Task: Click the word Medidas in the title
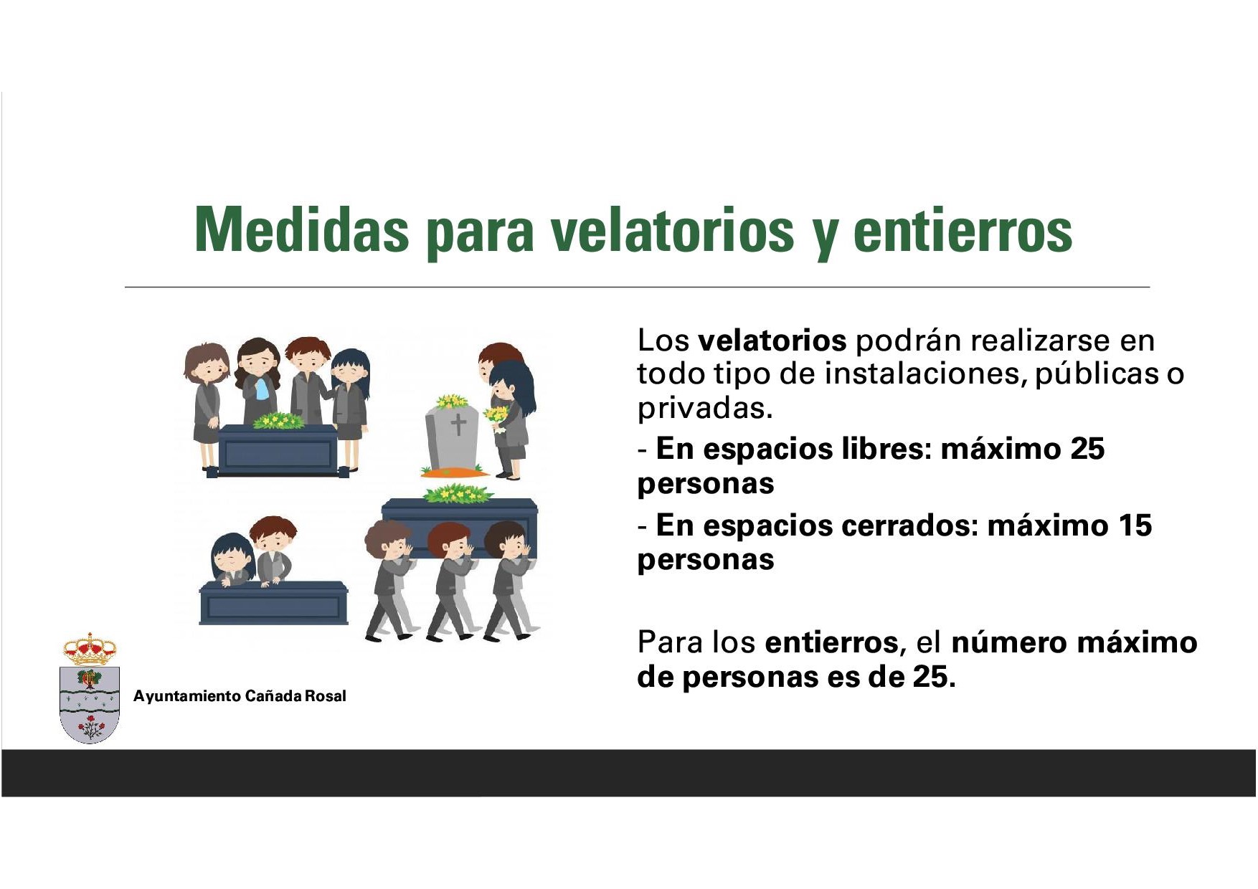[x=302, y=230]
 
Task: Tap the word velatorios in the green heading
[x=672, y=230]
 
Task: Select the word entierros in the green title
[x=963, y=230]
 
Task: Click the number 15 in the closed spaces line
[x=1134, y=526]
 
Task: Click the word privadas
[x=705, y=409]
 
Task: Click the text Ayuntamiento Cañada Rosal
[x=240, y=696]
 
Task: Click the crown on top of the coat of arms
[x=90, y=649]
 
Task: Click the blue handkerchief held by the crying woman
[x=262, y=389]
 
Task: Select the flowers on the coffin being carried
[x=458, y=493]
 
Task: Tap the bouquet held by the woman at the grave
[x=496, y=417]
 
